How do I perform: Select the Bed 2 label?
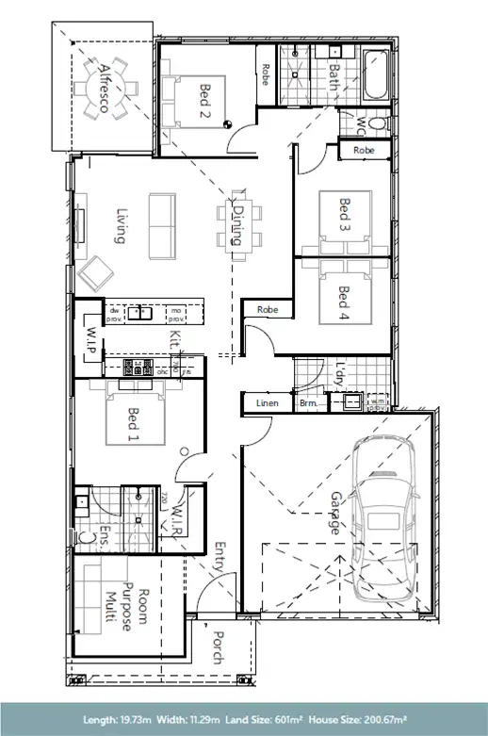click(x=204, y=97)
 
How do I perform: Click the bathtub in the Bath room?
click(x=375, y=74)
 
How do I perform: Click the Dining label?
click(x=238, y=226)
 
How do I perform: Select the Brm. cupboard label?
click(x=309, y=403)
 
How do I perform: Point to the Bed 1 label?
click(x=133, y=425)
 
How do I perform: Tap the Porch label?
click(x=218, y=647)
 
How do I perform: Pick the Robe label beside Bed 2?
click(x=267, y=74)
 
